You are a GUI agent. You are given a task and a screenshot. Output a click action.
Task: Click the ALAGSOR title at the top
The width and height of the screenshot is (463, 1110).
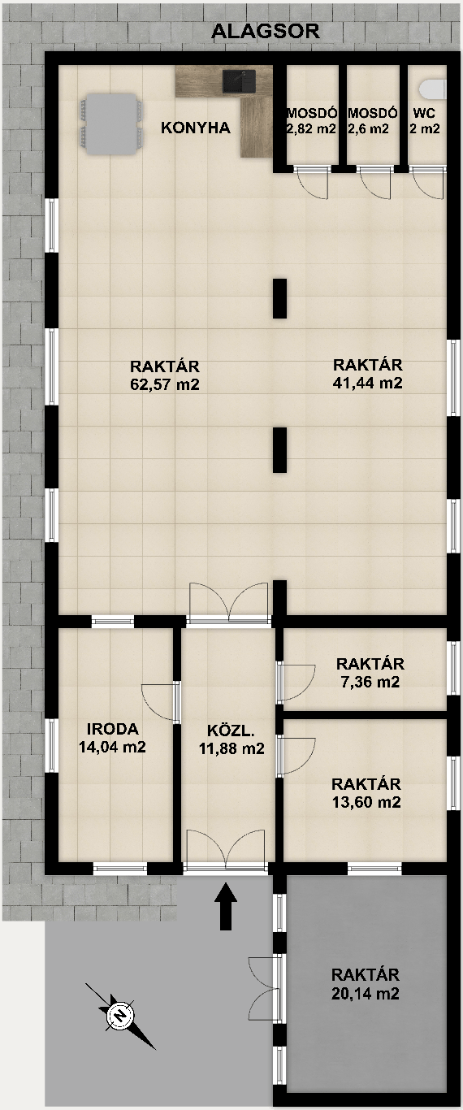266,31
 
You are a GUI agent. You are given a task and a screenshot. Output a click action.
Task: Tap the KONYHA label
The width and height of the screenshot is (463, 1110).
196,128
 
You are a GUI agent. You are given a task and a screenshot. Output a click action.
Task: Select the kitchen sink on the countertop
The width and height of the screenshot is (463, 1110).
239,80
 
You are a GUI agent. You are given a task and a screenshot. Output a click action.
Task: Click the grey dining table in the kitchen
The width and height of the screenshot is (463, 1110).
110,124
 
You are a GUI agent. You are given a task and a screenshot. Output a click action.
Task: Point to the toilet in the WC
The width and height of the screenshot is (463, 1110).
433,89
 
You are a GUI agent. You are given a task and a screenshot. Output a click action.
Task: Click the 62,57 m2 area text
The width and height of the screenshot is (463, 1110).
165,384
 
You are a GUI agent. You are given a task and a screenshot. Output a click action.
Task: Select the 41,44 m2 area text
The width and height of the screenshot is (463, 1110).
367,383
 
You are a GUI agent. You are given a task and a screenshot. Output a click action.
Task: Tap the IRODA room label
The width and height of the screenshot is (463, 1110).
112,729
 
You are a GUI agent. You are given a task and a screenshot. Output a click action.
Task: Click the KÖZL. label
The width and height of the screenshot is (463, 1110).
231,730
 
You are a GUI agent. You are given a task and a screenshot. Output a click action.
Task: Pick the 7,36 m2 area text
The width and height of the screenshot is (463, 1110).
370,683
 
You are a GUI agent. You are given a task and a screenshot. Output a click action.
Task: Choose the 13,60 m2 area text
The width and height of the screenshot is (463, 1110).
366,802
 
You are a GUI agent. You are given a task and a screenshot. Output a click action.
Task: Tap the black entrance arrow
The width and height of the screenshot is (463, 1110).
226,905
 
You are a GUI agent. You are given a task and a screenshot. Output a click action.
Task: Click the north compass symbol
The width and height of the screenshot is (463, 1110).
120,1016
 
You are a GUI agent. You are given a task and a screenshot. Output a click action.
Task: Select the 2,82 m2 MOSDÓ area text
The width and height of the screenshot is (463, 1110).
311,129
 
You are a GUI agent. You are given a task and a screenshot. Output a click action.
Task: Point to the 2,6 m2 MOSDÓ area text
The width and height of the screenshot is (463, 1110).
369,129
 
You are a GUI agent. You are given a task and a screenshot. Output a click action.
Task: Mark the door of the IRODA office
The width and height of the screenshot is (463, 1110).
159,702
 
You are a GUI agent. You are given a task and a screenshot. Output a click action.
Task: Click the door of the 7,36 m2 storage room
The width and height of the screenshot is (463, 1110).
296,682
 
